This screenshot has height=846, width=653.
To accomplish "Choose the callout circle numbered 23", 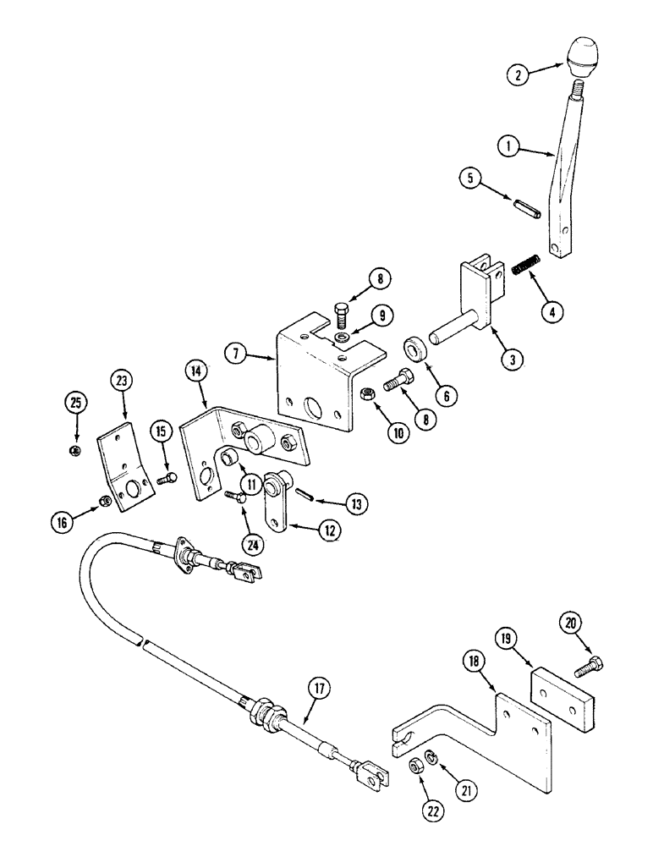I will [x=120, y=381].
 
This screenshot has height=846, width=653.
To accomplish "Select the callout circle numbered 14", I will [x=195, y=371].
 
